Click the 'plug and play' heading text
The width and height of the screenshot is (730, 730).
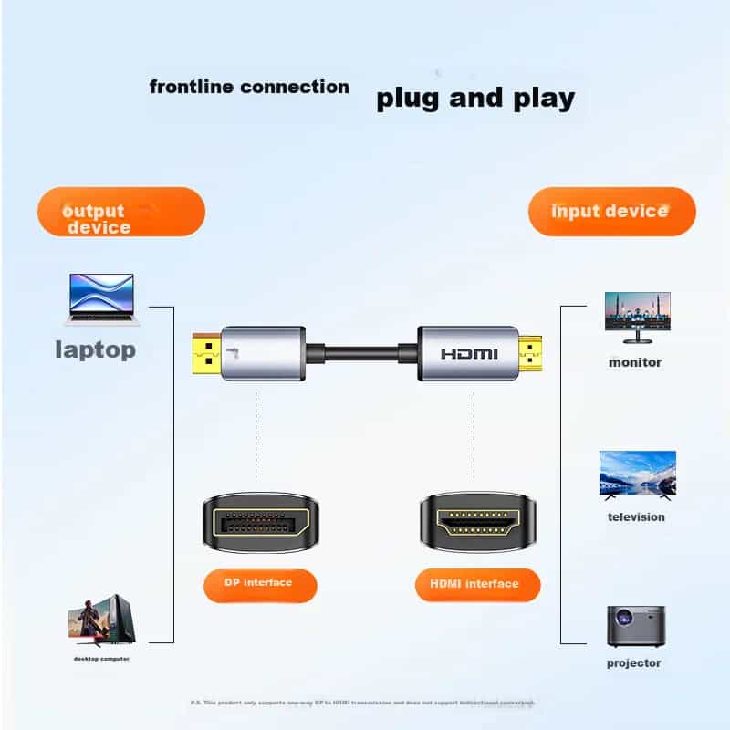475,99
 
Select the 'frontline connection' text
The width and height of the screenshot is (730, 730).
249,88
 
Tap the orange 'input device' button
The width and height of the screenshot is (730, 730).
611,212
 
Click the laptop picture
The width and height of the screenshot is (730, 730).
101,298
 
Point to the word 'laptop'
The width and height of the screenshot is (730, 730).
96,349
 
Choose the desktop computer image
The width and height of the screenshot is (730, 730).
101,620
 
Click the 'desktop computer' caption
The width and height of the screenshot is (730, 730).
101,658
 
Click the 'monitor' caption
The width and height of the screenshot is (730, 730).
635,362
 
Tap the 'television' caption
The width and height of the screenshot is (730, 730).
636,517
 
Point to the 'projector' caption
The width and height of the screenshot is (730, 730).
634,663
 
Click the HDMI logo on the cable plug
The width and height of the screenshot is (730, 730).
469,353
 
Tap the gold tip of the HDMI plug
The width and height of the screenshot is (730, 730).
529,354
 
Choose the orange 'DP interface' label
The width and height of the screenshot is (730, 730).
258,583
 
